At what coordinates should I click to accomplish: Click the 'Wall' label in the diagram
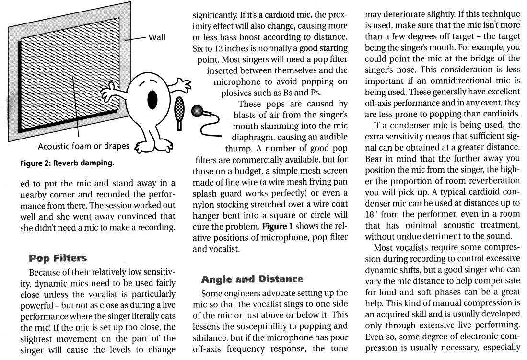[x=157, y=38]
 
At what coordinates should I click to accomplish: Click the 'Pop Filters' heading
[x=58, y=258]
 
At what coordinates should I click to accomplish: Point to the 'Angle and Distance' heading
[x=252, y=279]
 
